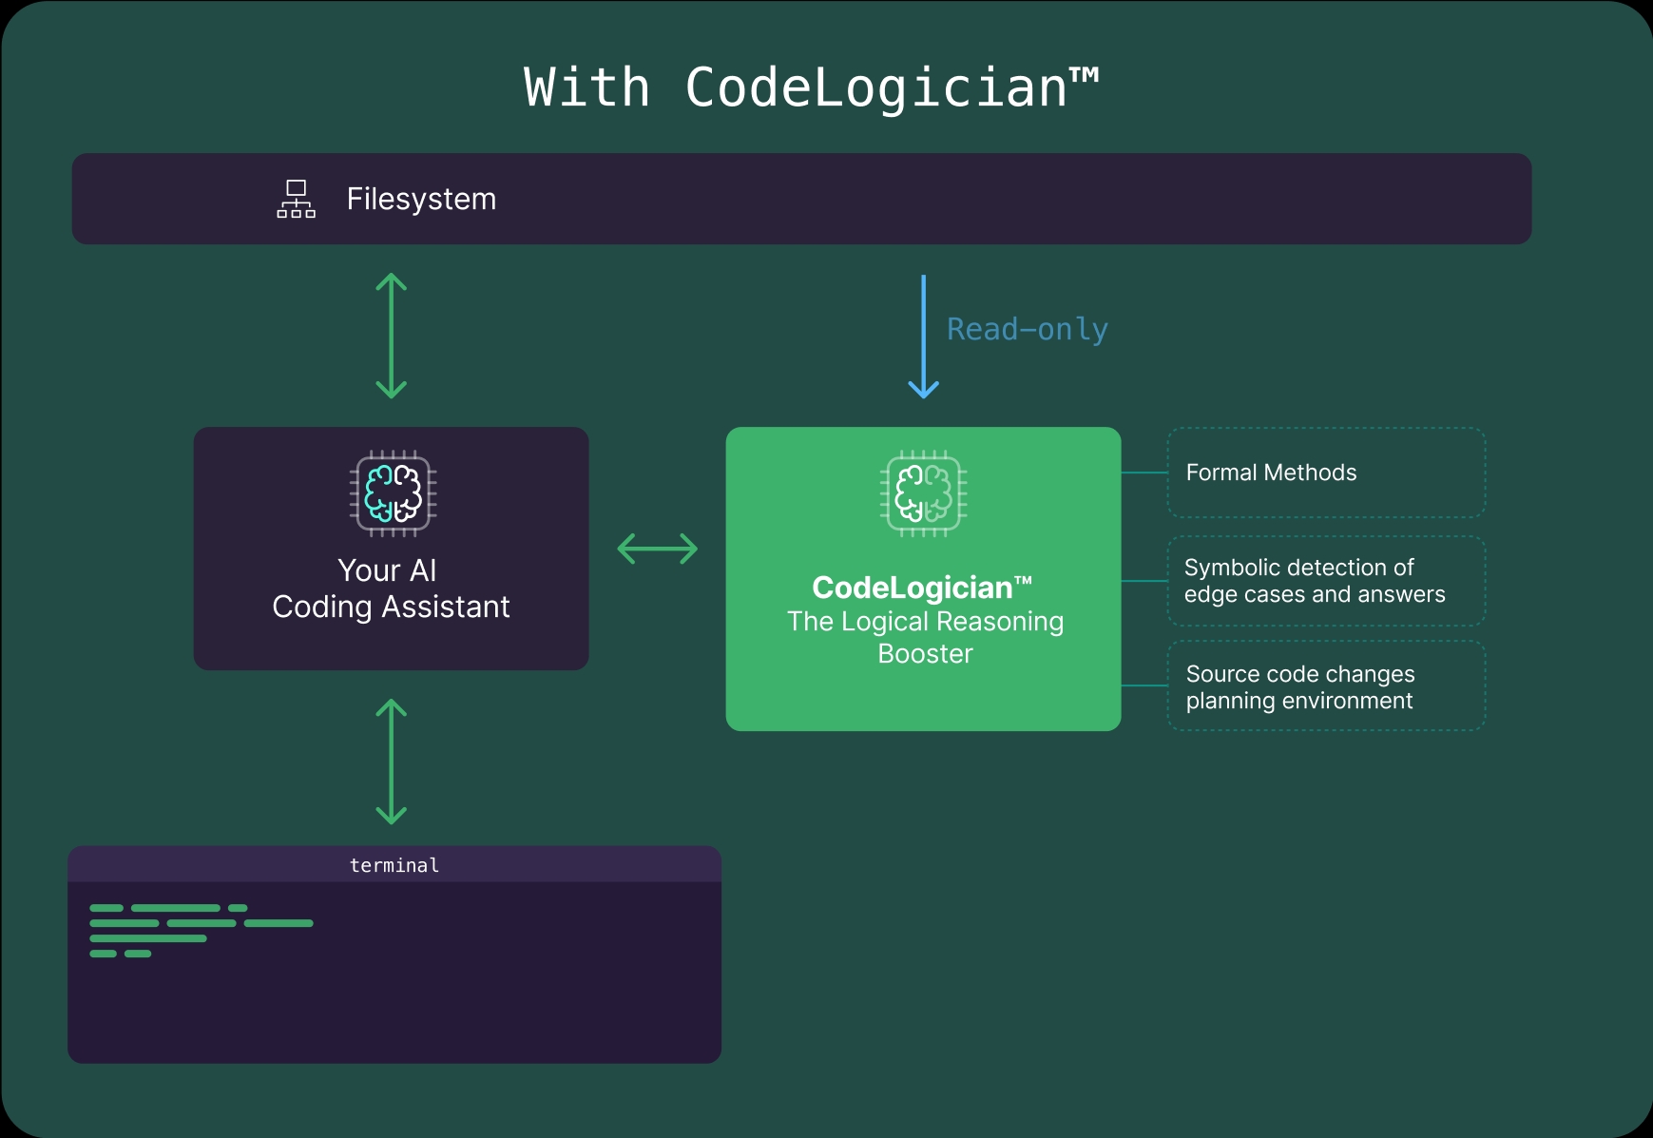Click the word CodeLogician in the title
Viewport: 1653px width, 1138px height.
pyautogui.click(x=875, y=87)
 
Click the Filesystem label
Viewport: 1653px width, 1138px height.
pyautogui.click(x=421, y=199)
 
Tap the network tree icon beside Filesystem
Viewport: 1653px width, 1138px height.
pyautogui.click(x=296, y=199)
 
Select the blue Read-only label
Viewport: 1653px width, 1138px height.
pyautogui.click(x=1027, y=329)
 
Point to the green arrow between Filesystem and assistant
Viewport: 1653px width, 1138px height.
pyautogui.click(x=391, y=336)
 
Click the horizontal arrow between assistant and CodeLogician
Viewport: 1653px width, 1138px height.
pyautogui.click(x=657, y=549)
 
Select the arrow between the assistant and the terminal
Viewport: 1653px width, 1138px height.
pyautogui.click(x=391, y=762)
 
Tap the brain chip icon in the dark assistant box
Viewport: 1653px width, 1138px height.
pyautogui.click(x=393, y=493)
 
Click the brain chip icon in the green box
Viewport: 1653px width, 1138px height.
pyautogui.click(x=923, y=493)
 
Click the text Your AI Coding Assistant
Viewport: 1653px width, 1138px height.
pyautogui.click(x=391, y=588)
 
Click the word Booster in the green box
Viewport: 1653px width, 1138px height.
pyautogui.click(x=925, y=654)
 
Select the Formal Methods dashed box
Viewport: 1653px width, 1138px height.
pyautogui.click(x=1325, y=473)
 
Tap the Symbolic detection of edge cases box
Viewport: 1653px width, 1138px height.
pyautogui.click(x=1325, y=581)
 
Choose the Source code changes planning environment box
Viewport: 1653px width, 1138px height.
pyautogui.click(x=1325, y=686)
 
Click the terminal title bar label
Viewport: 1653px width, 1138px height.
pyautogui.click(x=394, y=865)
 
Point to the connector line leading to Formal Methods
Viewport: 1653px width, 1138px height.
pyautogui.click(x=1144, y=473)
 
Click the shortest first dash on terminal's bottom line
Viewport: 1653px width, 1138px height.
pyautogui.click(x=103, y=954)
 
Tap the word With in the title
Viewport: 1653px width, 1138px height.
pyautogui.click(x=586, y=87)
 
